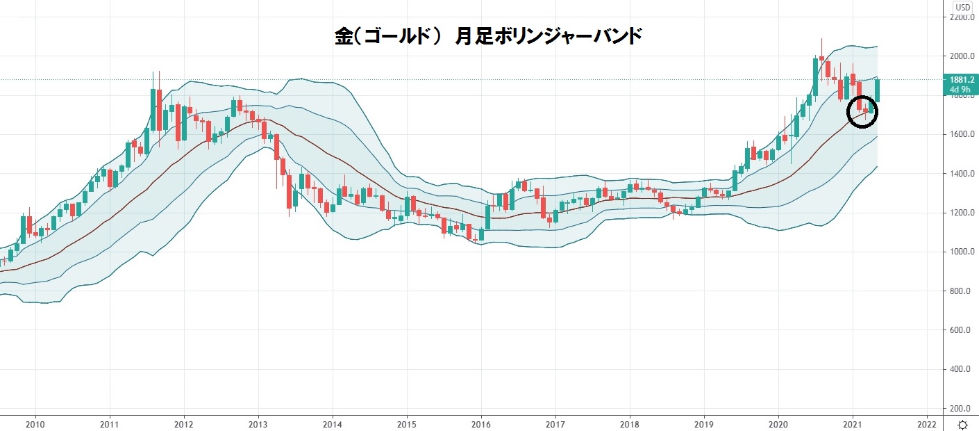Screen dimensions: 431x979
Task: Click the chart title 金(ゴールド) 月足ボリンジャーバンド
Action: point(487,36)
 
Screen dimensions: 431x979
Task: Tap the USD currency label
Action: point(962,8)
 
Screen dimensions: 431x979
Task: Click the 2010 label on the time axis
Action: point(35,423)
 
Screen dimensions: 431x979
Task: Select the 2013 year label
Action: point(258,423)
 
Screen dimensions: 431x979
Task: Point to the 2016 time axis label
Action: point(481,423)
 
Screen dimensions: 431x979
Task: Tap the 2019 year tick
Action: point(704,423)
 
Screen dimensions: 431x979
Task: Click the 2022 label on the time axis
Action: point(927,423)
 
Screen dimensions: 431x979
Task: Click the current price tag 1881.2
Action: point(962,80)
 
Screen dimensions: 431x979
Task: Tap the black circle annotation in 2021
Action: point(863,111)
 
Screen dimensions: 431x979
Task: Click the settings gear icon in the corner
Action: point(962,424)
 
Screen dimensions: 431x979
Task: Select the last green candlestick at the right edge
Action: point(878,90)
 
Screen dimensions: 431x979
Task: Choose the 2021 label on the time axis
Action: point(853,423)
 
